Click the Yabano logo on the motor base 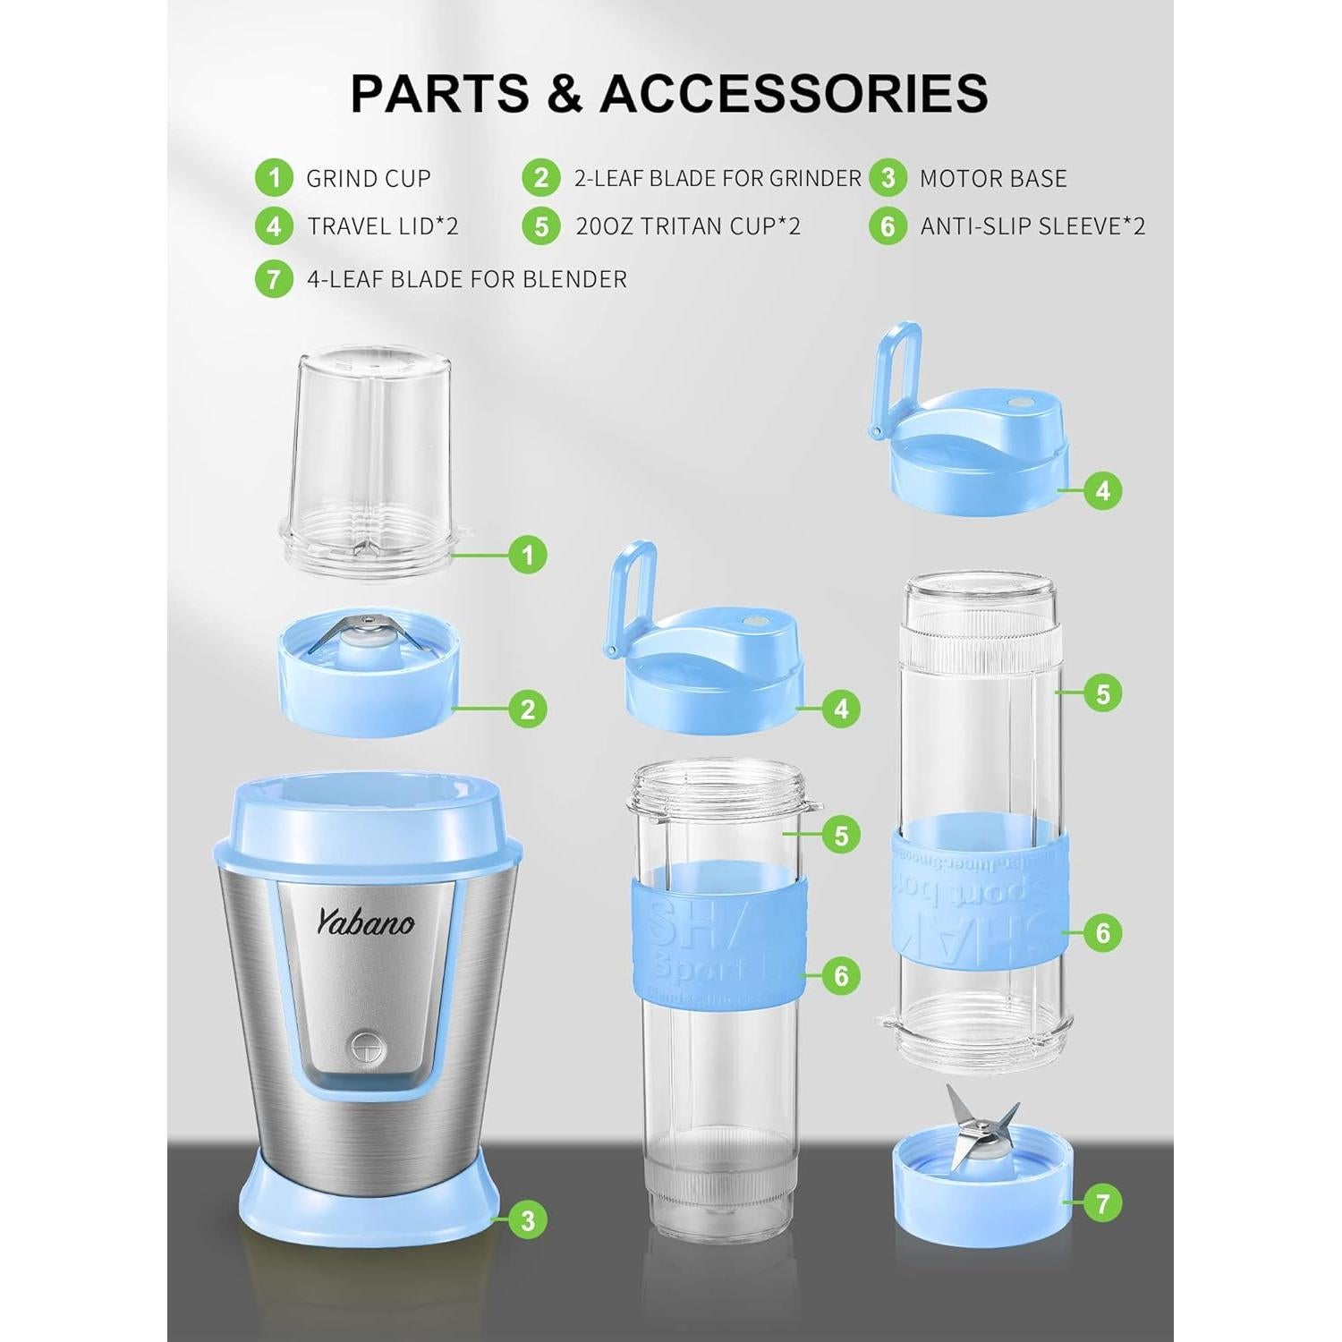pyautogui.click(x=365, y=921)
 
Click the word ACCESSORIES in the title pyautogui.click(x=794, y=93)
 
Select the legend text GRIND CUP pyautogui.click(x=369, y=178)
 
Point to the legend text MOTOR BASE pyautogui.click(x=993, y=178)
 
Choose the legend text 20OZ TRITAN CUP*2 pyautogui.click(x=688, y=226)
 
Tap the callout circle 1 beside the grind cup pyautogui.click(x=527, y=555)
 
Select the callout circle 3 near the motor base pyautogui.click(x=527, y=1219)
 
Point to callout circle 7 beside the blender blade pyautogui.click(x=1102, y=1203)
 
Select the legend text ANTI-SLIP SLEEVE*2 pyautogui.click(x=1032, y=226)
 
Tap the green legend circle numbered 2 pyautogui.click(x=541, y=178)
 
